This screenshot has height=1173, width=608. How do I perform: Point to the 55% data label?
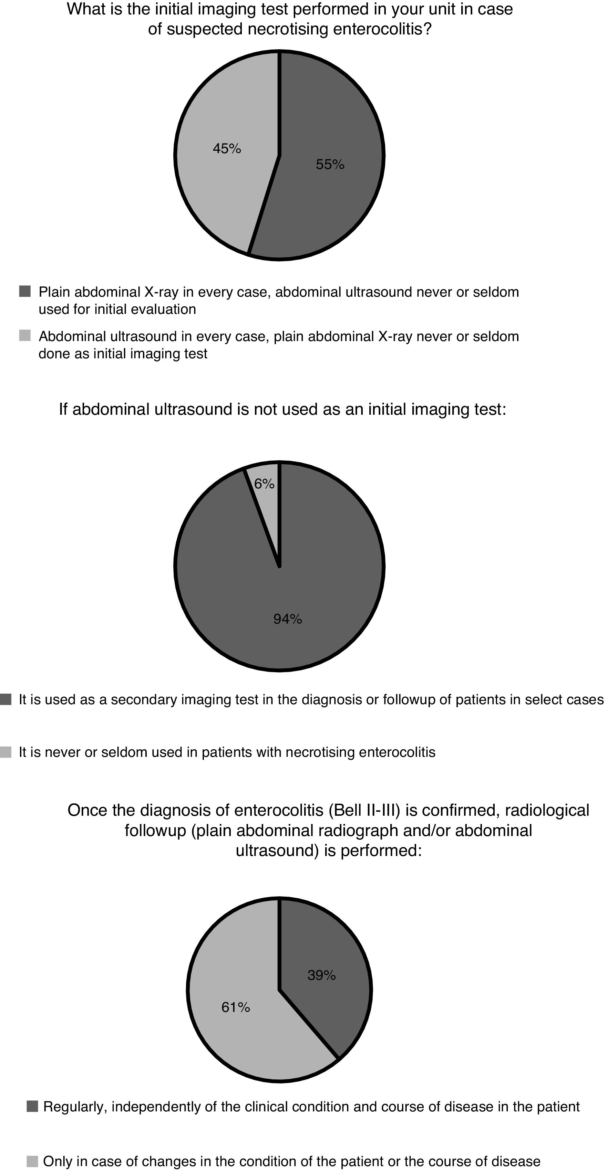330,165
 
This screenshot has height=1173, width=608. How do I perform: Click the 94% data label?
288,619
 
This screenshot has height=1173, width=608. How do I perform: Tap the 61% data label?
236,1007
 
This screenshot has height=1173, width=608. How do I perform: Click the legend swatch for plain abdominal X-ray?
25,292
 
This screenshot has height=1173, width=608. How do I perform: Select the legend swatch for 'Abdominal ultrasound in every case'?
25,336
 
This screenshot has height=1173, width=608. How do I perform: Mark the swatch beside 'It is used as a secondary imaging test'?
6,699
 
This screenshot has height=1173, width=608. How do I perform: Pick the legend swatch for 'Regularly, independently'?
32,1106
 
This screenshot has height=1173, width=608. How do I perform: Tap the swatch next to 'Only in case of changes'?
32,1161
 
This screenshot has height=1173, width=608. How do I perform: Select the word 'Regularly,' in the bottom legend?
75,1106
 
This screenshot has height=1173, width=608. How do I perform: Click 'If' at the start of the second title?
63,409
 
